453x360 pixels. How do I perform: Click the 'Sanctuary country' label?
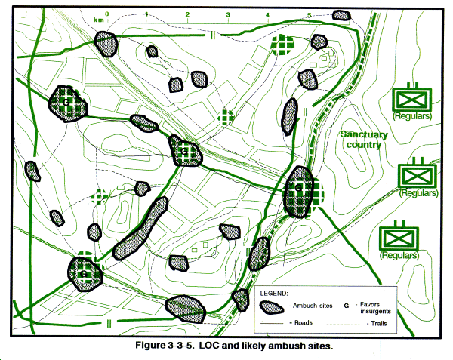[x=364, y=139]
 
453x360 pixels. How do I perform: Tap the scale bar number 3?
[x=228, y=14]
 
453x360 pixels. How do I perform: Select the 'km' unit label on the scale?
[x=98, y=20]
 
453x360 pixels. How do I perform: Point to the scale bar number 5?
[x=309, y=15]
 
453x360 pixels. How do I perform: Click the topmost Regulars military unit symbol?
[x=412, y=97]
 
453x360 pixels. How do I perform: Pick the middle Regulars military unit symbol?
[x=418, y=173]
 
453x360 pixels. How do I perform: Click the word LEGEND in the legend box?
[x=274, y=294]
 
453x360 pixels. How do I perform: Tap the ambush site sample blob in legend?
[x=271, y=308]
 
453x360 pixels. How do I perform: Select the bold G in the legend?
[x=347, y=306]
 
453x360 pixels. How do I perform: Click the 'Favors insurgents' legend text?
[x=375, y=308]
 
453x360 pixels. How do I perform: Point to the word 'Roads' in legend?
[x=303, y=322]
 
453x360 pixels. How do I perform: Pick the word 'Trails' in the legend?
[x=379, y=323]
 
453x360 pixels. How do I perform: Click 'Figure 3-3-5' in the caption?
[x=164, y=345]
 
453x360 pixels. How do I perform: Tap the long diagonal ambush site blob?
[x=140, y=229]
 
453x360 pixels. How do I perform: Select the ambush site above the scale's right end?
[x=341, y=15]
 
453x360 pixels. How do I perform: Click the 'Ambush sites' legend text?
[x=313, y=306]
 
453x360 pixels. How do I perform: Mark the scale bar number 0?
[x=107, y=14]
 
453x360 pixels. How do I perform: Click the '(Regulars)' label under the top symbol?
[x=412, y=116]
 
